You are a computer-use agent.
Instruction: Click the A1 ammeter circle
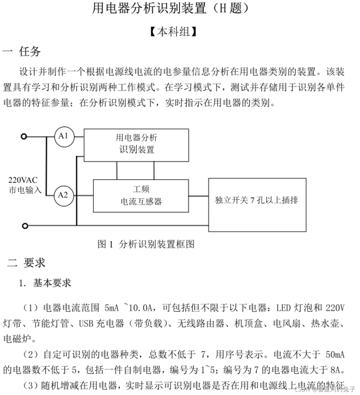coord(64,137)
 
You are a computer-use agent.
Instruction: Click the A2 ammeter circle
coord(63,195)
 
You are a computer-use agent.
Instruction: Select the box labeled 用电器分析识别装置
coord(136,145)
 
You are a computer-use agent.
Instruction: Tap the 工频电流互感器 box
coord(141,196)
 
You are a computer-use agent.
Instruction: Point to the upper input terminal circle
coord(24,137)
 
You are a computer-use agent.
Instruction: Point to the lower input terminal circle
coord(25,226)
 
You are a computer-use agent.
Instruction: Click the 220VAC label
coord(23,180)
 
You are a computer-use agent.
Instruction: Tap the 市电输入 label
coord(25,190)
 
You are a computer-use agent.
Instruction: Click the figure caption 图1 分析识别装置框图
coord(146,244)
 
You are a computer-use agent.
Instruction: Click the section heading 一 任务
coord(22,51)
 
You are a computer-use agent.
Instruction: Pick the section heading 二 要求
coord(26,262)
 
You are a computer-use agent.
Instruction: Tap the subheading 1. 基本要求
coord(45,283)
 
